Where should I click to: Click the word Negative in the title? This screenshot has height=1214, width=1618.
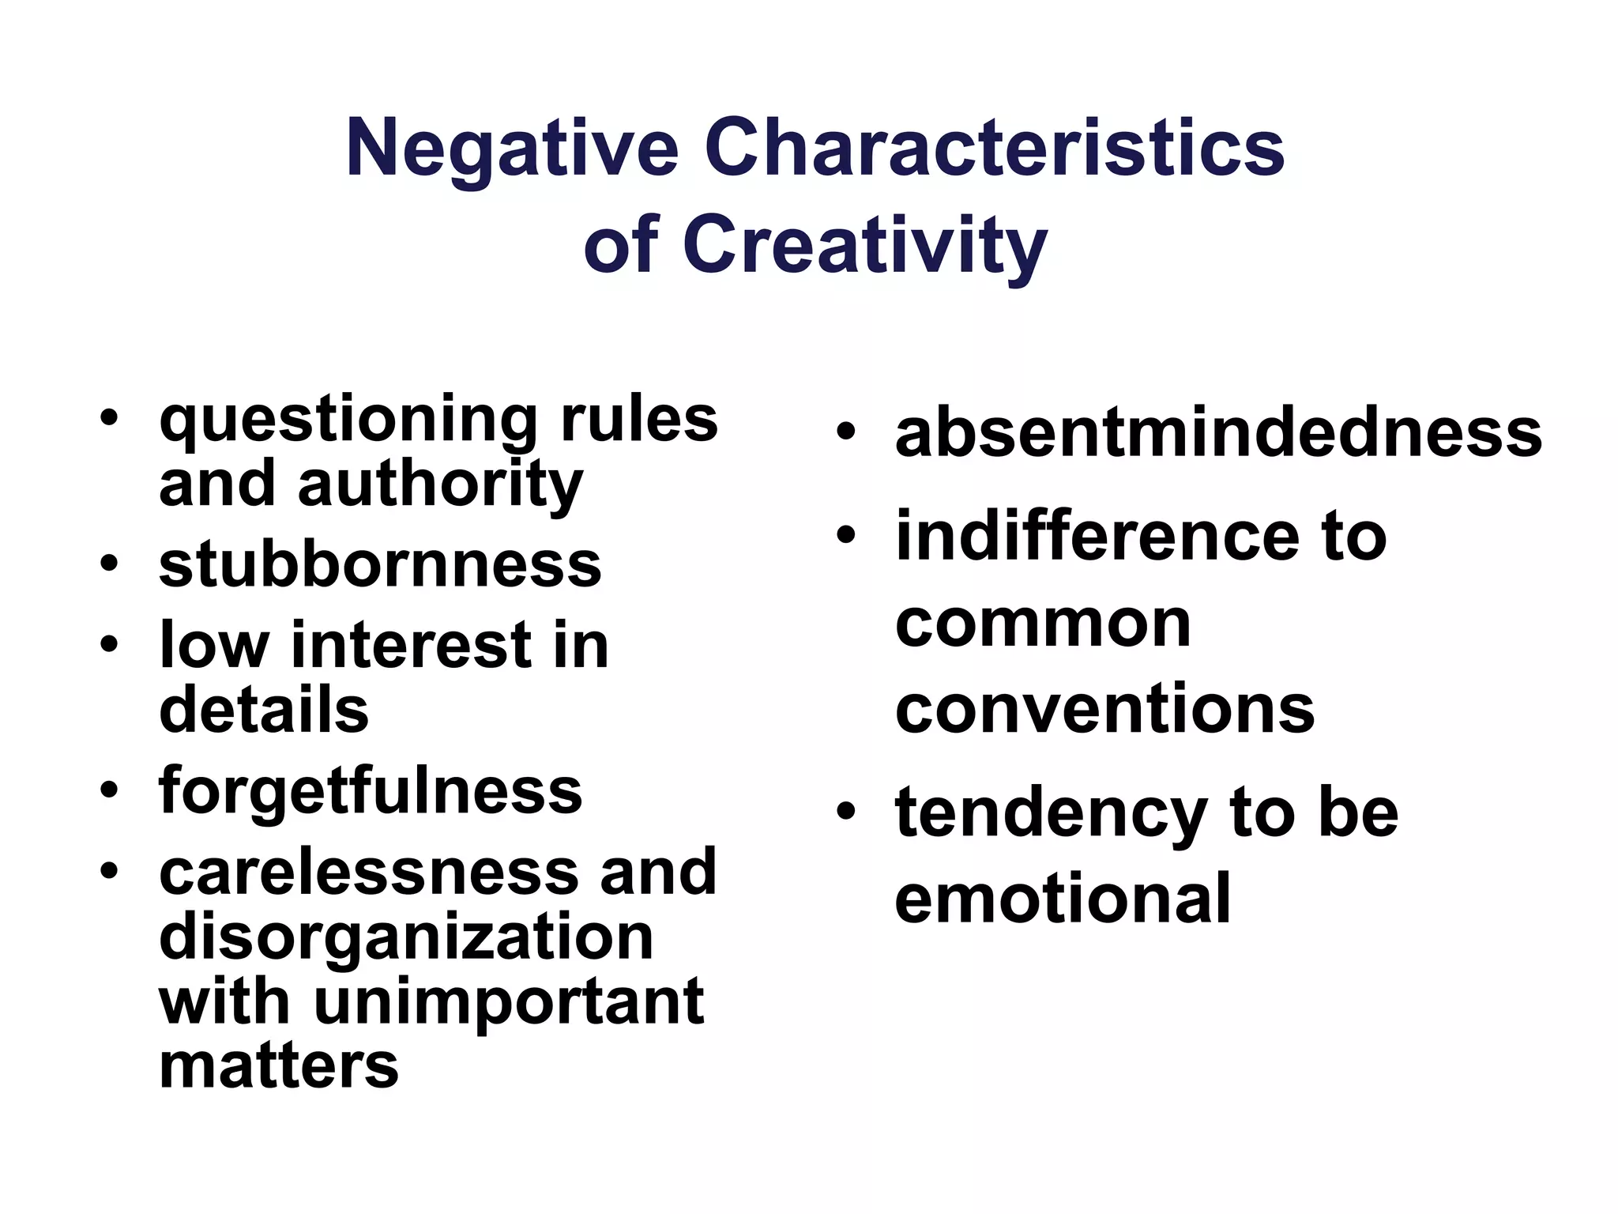512,149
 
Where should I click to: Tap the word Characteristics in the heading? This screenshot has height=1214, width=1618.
994,149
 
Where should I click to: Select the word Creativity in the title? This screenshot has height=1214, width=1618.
864,245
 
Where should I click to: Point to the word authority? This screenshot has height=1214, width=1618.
440,485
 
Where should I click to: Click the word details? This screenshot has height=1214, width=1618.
264,709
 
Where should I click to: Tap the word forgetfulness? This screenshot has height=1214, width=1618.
371,791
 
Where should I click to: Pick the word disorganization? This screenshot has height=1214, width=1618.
406,938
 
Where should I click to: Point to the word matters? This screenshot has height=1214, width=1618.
279,1066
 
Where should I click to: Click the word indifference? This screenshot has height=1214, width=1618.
1097,537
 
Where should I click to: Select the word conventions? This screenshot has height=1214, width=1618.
1104,709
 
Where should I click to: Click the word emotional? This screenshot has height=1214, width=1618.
1063,899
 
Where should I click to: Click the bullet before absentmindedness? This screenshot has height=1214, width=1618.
846,432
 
